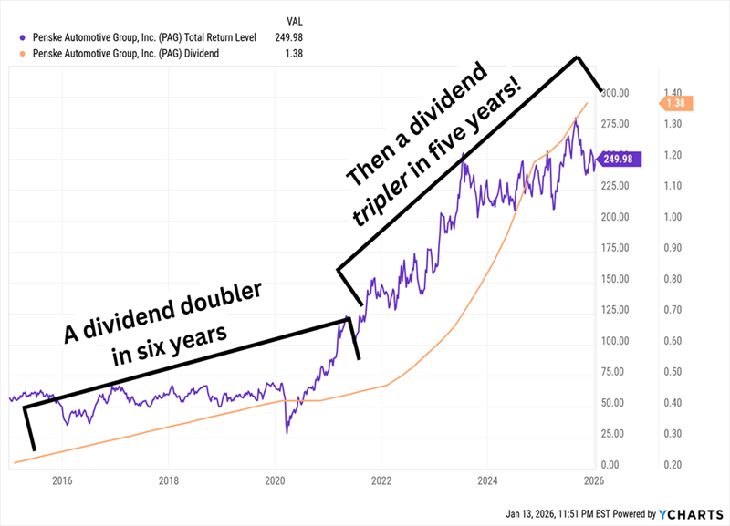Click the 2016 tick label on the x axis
[62, 480]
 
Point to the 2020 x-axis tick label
[275, 480]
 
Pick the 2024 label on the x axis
[487, 480]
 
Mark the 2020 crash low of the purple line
[287, 431]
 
